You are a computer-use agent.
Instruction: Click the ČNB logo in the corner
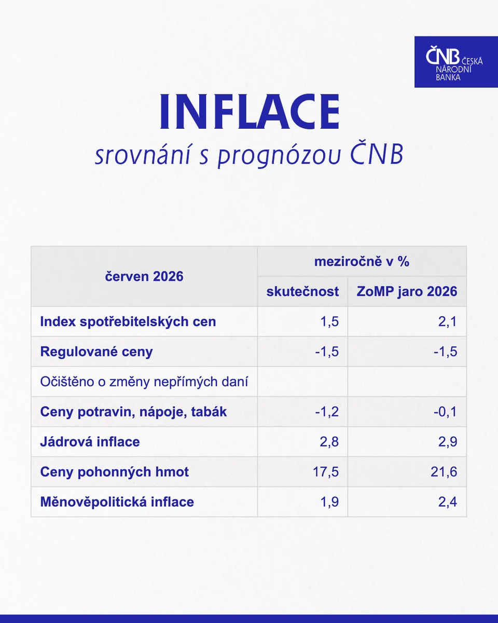click(x=456, y=62)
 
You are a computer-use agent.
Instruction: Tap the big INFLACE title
click(x=250, y=112)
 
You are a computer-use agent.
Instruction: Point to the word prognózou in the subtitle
click(x=279, y=156)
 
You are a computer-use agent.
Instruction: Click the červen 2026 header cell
click(x=144, y=277)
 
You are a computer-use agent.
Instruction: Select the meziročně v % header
click(x=362, y=262)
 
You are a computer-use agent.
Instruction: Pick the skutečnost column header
click(x=302, y=292)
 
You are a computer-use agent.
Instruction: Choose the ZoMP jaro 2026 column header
click(x=407, y=292)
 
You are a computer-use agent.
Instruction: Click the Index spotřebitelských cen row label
click(x=128, y=322)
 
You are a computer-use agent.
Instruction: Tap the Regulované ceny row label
click(x=96, y=352)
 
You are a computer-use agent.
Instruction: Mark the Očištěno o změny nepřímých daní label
click(x=144, y=382)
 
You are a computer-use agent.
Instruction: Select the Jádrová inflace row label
click(x=90, y=442)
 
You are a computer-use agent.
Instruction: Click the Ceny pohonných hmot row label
click(x=114, y=472)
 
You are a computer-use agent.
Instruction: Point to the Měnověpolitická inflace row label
click(x=117, y=502)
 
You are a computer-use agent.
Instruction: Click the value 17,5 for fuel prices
click(x=326, y=472)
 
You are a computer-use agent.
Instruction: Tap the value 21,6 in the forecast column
click(x=444, y=472)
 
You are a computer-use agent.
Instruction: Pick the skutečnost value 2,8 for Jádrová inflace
click(x=329, y=442)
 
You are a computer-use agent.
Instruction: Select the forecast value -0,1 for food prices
click(x=445, y=412)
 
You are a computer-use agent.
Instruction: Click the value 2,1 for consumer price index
click(x=448, y=322)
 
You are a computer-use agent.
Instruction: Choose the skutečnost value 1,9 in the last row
click(x=329, y=502)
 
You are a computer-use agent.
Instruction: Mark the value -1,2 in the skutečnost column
click(x=327, y=412)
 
